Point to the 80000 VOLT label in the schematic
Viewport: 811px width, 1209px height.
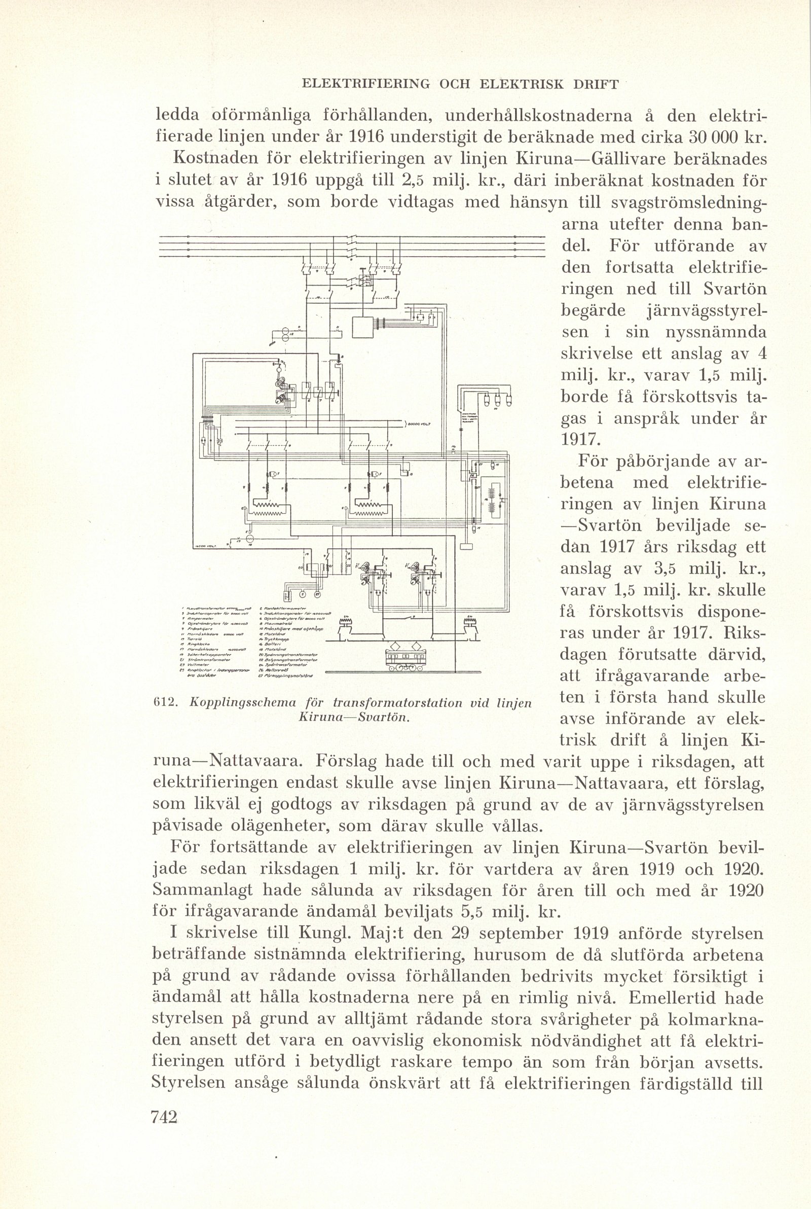click(x=420, y=424)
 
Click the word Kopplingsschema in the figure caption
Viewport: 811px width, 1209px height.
click(x=243, y=703)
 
